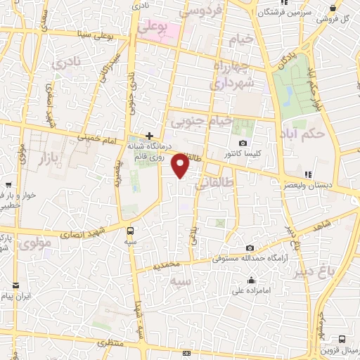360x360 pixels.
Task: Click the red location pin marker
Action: point(181,165)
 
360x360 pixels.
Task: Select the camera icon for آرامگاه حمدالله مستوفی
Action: point(250,247)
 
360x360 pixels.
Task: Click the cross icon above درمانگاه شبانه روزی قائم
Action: point(149,135)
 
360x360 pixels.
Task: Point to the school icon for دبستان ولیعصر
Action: point(307,174)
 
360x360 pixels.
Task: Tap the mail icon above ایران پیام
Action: point(15,285)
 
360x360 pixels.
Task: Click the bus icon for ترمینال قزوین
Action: point(342,338)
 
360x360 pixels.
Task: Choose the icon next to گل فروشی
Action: point(332,8)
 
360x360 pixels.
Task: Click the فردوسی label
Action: point(202,11)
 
